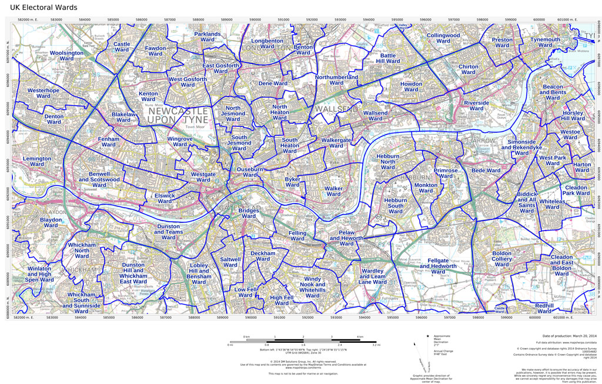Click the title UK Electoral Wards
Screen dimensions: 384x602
click(43, 8)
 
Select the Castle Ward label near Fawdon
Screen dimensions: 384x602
click(122, 47)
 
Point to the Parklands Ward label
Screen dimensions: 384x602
click(207, 38)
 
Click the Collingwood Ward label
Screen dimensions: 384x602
click(443, 39)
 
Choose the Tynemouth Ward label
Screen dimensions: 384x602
click(545, 43)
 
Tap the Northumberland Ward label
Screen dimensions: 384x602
click(336, 80)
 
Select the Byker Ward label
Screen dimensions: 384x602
click(292, 182)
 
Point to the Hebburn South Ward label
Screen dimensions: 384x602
click(395, 206)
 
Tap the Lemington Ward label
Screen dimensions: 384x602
click(36, 162)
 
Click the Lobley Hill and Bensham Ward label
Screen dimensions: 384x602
click(199, 275)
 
